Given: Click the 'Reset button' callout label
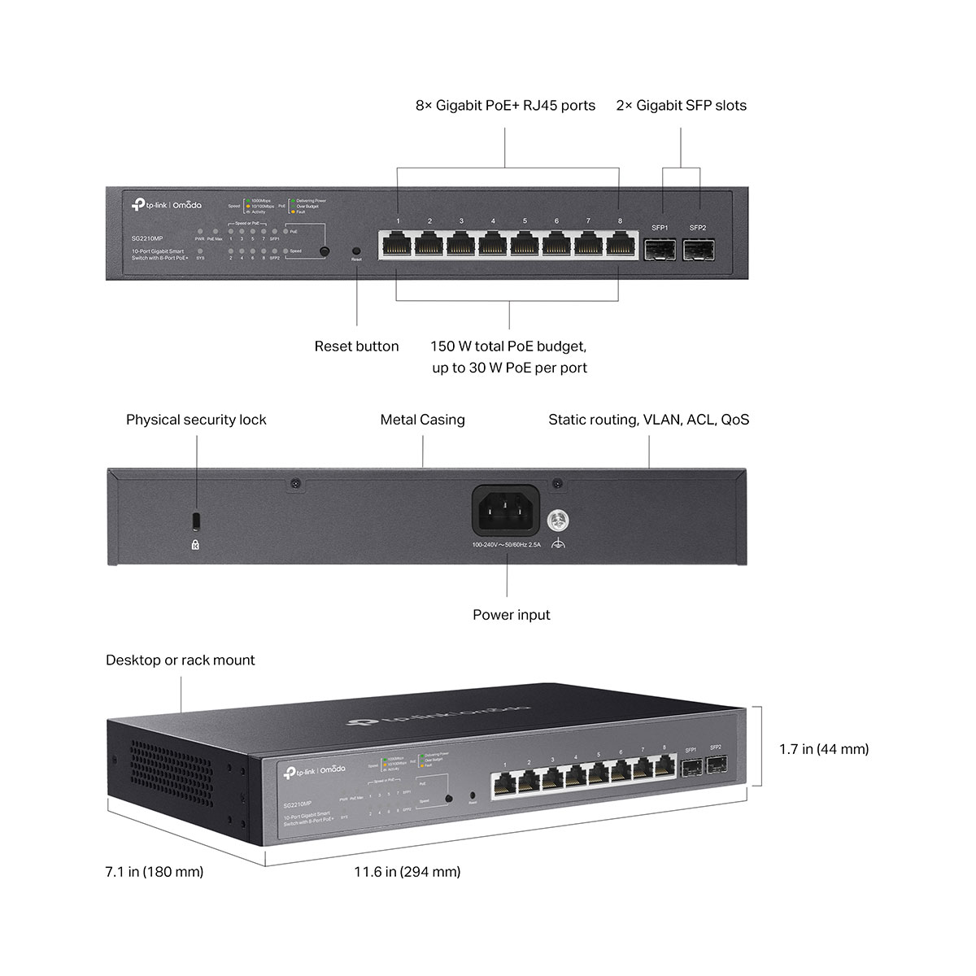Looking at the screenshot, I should click(356, 346).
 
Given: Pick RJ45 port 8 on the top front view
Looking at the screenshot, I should click(620, 244).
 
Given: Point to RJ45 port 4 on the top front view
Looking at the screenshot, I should click(493, 244).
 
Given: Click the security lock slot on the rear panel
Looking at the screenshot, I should click(195, 519).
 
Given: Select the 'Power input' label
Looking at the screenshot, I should click(511, 615).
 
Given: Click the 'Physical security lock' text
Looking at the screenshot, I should click(196, 420).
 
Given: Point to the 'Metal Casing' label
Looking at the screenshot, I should click(422, 420).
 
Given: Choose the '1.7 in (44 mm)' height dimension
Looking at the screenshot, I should click(823, 749).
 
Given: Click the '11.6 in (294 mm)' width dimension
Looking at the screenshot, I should click(407, 872).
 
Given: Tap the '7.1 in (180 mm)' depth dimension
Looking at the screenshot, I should click(155, 872).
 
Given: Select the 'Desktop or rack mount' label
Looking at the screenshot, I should click(180, 660).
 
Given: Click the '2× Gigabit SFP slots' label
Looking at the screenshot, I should click(681, 106).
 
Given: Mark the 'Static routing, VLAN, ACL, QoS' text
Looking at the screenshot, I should click(648, 420).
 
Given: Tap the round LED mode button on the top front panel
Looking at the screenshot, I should click(325, 252).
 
